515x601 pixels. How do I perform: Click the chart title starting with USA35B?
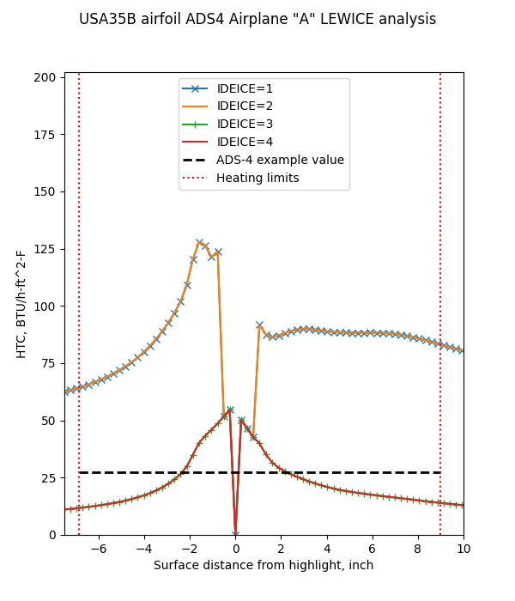[x=257, y=19]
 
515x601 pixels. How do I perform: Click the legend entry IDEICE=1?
[x=245, y=88]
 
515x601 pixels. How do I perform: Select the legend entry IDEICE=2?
[x=245, y=106]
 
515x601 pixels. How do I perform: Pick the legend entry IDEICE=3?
[x=245, y=124]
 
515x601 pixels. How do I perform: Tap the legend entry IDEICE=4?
[x=245, y=143]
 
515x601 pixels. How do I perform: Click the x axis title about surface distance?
[x=264, y=566]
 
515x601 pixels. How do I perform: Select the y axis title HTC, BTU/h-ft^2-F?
[x=21, y=304]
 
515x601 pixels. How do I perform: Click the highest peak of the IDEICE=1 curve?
[x=199, y=242]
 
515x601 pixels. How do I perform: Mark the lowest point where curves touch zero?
[x=235, y=534]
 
